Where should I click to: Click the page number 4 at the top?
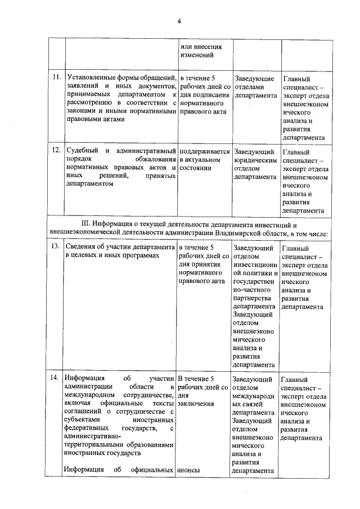tap(179, 22)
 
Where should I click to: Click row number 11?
tap(56, 78)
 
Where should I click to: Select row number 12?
tap(56, 151)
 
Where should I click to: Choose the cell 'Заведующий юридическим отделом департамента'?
tap(255, 164)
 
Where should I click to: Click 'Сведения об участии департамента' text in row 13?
tap(120, 247)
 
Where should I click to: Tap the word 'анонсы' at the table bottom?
tap(188, 470)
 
